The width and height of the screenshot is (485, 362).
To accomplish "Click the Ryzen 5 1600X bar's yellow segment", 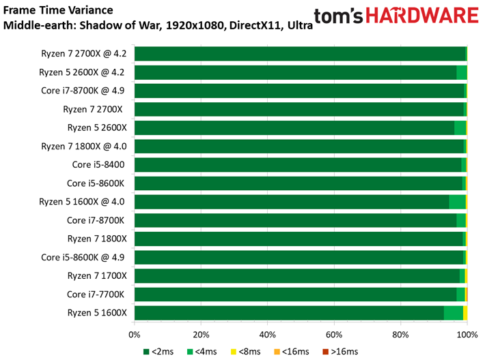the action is [465, 313].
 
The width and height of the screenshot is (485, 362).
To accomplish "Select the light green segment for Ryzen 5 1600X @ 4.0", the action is [457, 202].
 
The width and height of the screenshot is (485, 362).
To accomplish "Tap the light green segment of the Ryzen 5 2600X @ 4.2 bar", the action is [462, 72].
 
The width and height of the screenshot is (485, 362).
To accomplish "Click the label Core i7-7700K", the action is [96, 295].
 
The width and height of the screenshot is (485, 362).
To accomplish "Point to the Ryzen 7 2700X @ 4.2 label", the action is [84, 54].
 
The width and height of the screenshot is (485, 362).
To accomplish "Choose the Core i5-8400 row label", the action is [98, 165].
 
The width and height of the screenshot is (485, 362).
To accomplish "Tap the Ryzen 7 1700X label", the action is [97, 276].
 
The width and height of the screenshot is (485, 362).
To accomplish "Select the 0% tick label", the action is [135, 335].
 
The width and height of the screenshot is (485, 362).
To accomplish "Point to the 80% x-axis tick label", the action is [400, 335].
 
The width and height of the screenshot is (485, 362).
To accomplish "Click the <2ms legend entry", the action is [158, 352].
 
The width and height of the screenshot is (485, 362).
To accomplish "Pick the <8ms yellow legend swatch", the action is [234, 352].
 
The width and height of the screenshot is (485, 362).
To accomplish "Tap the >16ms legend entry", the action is [340, 352].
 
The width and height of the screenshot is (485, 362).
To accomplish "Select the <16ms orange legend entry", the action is [292, 352].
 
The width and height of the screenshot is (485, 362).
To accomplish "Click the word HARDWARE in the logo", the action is [422, 16].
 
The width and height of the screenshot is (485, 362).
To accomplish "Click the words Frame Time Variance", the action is [58, 10].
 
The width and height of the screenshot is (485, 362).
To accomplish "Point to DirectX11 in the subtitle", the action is [255, 25].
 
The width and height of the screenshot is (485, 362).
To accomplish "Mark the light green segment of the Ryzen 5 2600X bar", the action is [460, 127].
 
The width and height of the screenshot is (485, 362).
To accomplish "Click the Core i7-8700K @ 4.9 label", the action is [83, 91].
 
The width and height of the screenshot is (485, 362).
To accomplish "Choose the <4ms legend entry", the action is [202, 352].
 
